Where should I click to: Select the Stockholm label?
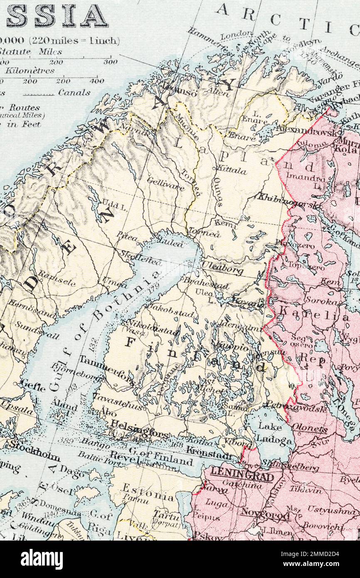pos(35,448)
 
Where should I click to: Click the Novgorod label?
pos(265,514)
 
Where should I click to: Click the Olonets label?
pos(309,427)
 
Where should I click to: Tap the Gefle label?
pos(32,385)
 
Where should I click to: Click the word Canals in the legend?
pos(74,93)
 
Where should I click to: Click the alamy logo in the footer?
pos(42,559)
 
